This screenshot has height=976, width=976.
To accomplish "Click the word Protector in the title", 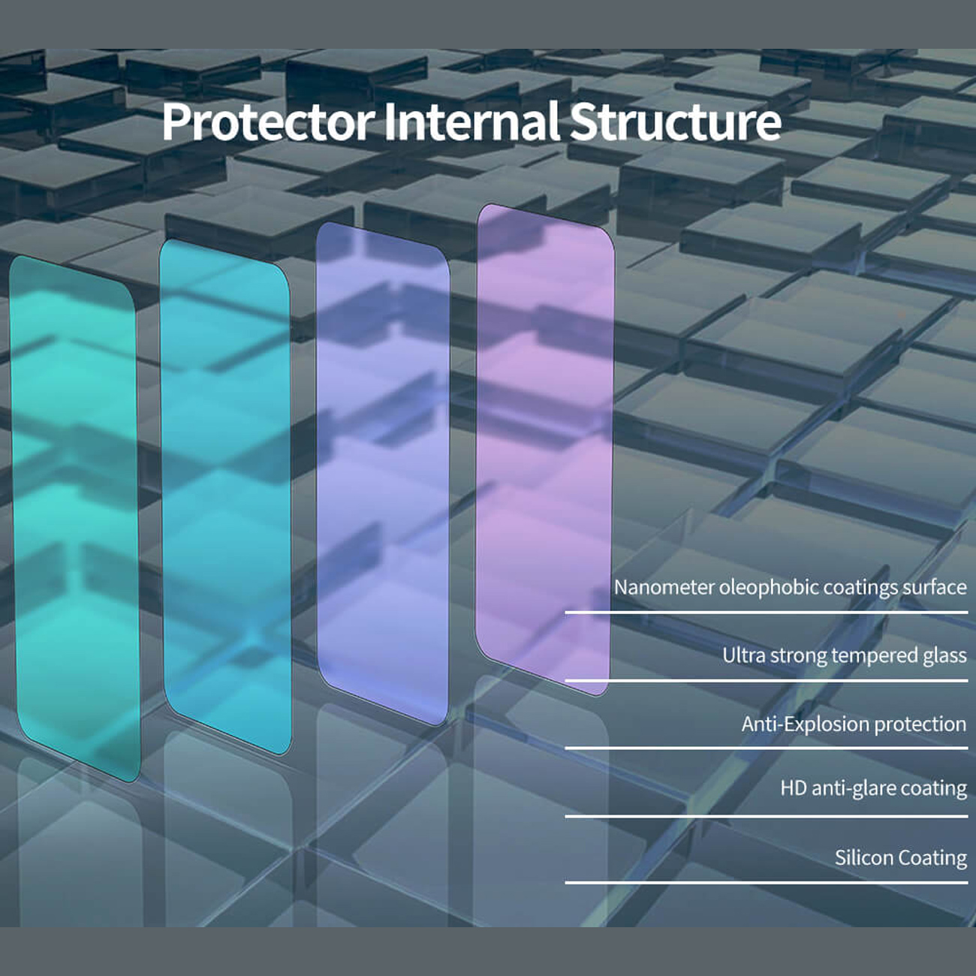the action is pos(269,122).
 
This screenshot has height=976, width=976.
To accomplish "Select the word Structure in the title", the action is pos(675,122).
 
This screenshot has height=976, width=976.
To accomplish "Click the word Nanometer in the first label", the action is pos(664,588).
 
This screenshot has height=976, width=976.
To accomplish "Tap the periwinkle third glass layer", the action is pos(383,474).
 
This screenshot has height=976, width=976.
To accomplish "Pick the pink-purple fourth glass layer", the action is pos(545,448).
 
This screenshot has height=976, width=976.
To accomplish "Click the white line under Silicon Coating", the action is pos(767,882).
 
